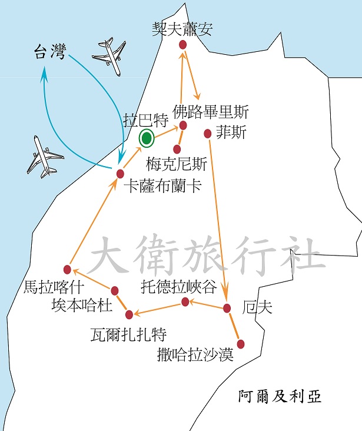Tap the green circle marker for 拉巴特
pos(146,139)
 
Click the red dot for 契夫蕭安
pos(182,45)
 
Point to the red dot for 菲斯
pos(207,134)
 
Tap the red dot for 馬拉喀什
pos(67,270)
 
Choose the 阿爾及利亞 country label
pos(280,396)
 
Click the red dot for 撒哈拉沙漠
pos(240,344)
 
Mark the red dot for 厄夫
pos(227,308)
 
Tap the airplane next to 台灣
pos(110,56)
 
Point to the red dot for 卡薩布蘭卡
pos(120,173)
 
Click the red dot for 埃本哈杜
pos(115,290)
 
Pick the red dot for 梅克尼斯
pos(177,149)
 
